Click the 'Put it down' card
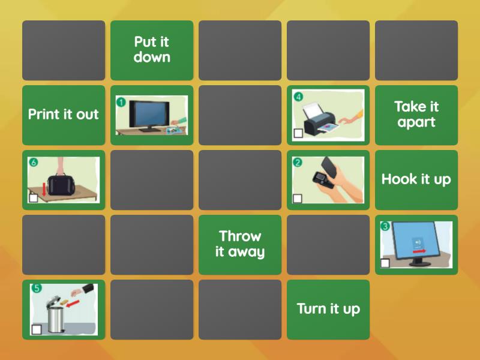[152, 50]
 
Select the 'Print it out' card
[64, 115]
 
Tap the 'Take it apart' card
[416, 115]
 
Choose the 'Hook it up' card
[416, 179]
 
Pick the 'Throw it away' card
[240, 244]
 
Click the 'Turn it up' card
[328, 309]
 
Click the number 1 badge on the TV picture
[121, 102]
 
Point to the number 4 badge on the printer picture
[298, 96]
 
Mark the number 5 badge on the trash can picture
[37, 289]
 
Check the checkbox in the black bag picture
[34, 197]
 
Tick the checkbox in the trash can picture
[37, 329]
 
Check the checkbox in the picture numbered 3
[385, 262]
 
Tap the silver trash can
[56, 314]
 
